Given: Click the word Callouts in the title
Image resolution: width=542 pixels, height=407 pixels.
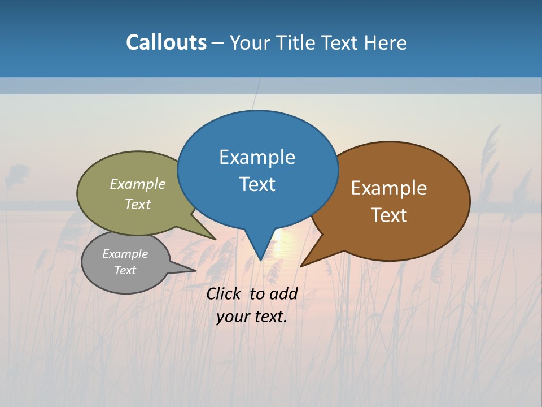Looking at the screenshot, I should pyautogui.click(x=166, y=42).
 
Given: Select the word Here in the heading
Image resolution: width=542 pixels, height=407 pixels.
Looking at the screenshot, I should pyautogui.click(x=386, y=42).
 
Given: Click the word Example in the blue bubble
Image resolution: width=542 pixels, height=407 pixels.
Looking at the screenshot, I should pyautogui.click(x=257, y=157).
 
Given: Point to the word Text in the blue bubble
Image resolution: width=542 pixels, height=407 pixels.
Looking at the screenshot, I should pyautogui.click(x=257, y=184).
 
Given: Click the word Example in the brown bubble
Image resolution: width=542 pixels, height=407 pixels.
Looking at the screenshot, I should pyautogui.click(x=389, y=188).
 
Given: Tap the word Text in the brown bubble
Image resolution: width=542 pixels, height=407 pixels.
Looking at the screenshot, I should pyautogui.click(x=389, y=215).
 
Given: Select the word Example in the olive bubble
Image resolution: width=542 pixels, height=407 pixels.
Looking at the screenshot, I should pyautogui.click(x=138, y=184).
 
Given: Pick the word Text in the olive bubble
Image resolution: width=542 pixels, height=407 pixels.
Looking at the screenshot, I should pyautogui.click(x=138, y=204).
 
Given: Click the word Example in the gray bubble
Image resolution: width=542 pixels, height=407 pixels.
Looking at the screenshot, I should pyautogui.click(x=125, y=254).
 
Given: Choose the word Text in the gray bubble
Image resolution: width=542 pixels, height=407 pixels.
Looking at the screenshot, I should pyautogui.click(x=125, y=270).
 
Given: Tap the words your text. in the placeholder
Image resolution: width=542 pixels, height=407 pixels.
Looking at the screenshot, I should pyautogui.click(x=252, y=317).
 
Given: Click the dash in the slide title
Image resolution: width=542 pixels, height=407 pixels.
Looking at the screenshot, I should pyautogui.click(x=218, y=43).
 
